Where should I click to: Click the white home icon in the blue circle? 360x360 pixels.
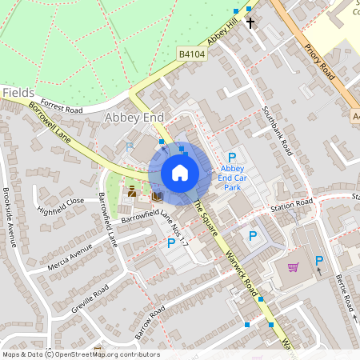tap(180, 172)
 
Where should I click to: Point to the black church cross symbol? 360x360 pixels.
tap(250, 23)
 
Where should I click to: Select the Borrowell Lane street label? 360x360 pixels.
tap(50, 122)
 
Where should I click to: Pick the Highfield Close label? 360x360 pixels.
tap(60, 206)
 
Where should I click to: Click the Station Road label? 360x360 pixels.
tap(291, 205)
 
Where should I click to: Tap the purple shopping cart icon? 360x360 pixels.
tap(294, 266)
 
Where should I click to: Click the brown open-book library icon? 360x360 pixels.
tap(157, 195)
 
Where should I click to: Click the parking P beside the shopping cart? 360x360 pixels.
tap(319, 261)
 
